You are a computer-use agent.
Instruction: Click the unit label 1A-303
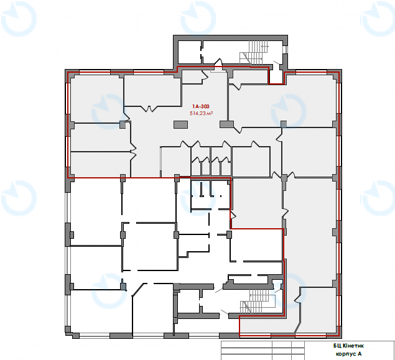click(x=201, y=106)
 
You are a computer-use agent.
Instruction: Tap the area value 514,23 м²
click(x=202, y=113)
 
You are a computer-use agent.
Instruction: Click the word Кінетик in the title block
click(x=353, y=346)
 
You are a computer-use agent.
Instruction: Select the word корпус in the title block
click(x=345, y=354)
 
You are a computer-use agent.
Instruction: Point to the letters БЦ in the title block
click(x=337, y=346)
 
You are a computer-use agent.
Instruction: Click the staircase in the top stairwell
click(x=254, y=53)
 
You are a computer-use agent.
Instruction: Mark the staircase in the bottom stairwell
click(x=257, y=301)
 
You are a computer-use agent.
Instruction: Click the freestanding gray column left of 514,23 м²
click(x=180, y=124)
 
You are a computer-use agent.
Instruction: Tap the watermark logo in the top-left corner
click(x=19, y=19)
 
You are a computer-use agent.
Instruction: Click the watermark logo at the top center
click(x=198, y=18)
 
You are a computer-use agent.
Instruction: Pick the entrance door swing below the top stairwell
click(x=218, y=62)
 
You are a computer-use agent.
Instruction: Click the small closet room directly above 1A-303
click(x=192, y=76)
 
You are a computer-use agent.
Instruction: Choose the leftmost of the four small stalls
click(x=196, y=166)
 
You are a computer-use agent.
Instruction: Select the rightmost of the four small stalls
click(x=226, y=166)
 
